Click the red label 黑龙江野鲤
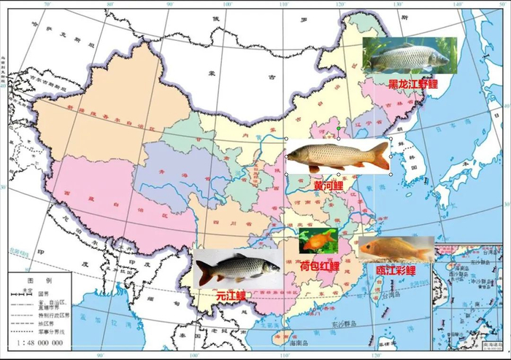coord(412,84)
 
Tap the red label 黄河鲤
coord(329,185)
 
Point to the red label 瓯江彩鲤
coord(396,271)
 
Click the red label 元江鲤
coord(231,296)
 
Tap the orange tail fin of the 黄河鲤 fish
coord(380,156)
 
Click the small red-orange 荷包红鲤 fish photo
coord(318,240)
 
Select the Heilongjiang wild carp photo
coord(409,56)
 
